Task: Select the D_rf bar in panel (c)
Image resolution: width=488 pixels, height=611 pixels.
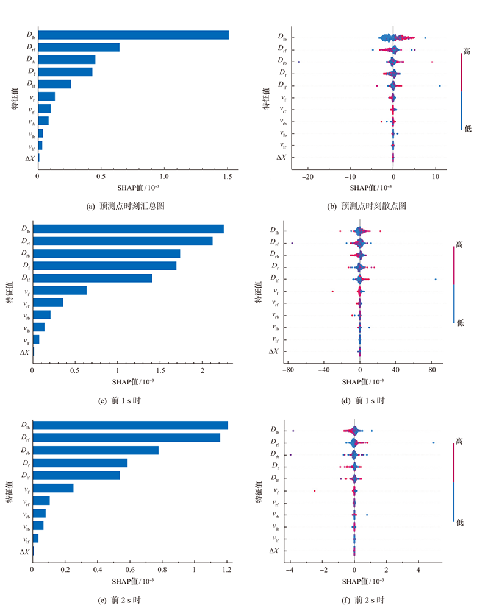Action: pyautogui.click(x=122, y=241)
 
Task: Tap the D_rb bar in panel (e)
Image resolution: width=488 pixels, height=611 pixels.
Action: pyautogui.click(x=95, y=450)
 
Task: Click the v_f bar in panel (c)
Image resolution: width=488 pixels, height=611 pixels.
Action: pyautogui.click(x=60, y=290)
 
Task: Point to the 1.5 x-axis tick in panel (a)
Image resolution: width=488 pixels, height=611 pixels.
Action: pyautogui.click(x=228, y=177)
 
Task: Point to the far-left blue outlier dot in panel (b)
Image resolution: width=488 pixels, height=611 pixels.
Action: pyautogui.click(x=299, y=62)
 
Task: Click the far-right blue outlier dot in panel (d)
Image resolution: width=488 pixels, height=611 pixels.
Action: pyautogui.click(x=436, y=279)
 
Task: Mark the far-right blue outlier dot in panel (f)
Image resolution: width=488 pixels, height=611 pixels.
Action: pyautogui.click(x=434, y=443)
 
